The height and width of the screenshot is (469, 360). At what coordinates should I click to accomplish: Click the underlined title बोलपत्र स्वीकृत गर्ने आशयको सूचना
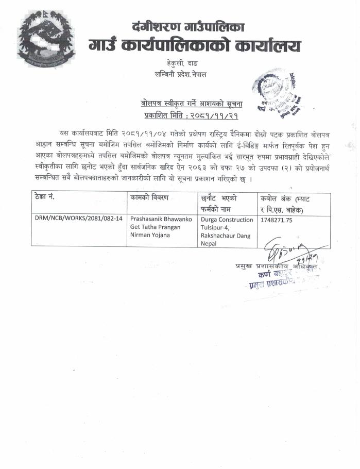(x=191, y=104)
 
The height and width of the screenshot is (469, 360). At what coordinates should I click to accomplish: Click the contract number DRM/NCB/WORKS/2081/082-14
(x=78, y=219)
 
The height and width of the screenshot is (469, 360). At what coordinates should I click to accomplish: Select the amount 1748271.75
(x=277, y=219)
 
